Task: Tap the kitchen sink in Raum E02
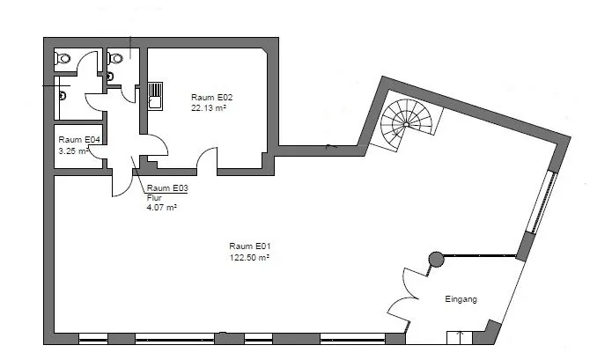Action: pyautogui.click(x=155, y=96)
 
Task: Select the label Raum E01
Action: pyautogui.click(x=250, y=246)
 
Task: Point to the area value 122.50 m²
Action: pyautogui.click(x=249, y=257)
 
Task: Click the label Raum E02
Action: pyautogui.click(x=212, y=97)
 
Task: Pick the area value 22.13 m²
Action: pyautogui.click(x=209, y=108)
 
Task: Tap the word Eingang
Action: pyautogui.click(x=461, y=299)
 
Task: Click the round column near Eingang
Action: pyautogui.click(x=436, y=259)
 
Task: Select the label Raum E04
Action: pyautogui.click(x=79, y=140)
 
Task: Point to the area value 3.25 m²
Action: pyautogui.click(x=74, y=151)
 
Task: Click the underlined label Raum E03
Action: pyautogui.click(x=167, y=187)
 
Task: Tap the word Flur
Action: pyautogui.click(x=154, y=197)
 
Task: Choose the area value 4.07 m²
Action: pyautogui.click(x=162, y=207)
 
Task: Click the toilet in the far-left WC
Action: pyautogui.click(x=63, y=59)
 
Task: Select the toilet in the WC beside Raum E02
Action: pyautogui.click(x=115, y=58)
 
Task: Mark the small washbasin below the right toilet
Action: pyautogui.click(x=110, y=77)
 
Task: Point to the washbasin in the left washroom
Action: pyautogui.click(x=63, y=96)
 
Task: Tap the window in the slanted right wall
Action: pyautogui.click(x=541, y=202)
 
